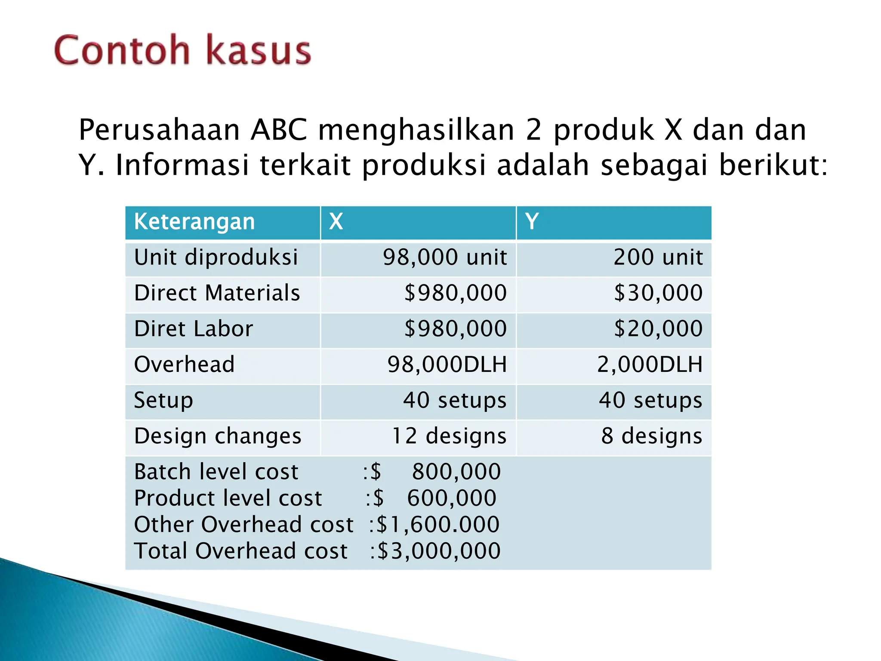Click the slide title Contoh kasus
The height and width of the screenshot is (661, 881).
click(x=182, y=50)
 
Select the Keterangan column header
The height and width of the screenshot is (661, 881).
click(x=194, y=222)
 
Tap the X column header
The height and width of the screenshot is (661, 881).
click(x=336, y=222)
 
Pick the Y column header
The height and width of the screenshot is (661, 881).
click(x=532, y=222)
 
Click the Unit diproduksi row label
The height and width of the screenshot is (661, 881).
click(x=216, y=257)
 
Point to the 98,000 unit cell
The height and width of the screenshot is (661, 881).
click(x=445, y=257)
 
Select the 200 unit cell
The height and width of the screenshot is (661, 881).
click(x=658, y=257)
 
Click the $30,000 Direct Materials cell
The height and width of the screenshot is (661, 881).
click(x=658, y=293)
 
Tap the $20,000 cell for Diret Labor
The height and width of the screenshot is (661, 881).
click(x=658, y=329)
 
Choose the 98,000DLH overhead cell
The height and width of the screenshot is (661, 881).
click(x=447, y=364)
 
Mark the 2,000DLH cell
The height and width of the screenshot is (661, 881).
click(x=650, y=364)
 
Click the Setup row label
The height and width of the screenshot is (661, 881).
click(x=163, y=400)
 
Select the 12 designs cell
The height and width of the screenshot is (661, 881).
click(x=449, y=436)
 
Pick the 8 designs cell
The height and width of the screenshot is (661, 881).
click(x=652, y=436)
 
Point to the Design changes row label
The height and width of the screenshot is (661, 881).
click(x=218, y=436)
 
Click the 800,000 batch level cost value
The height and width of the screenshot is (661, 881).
click(x=456, y=472)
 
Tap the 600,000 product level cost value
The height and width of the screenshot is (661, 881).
click(x=452, y=498)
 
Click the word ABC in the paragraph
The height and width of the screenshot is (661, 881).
click(x=279, y=130)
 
